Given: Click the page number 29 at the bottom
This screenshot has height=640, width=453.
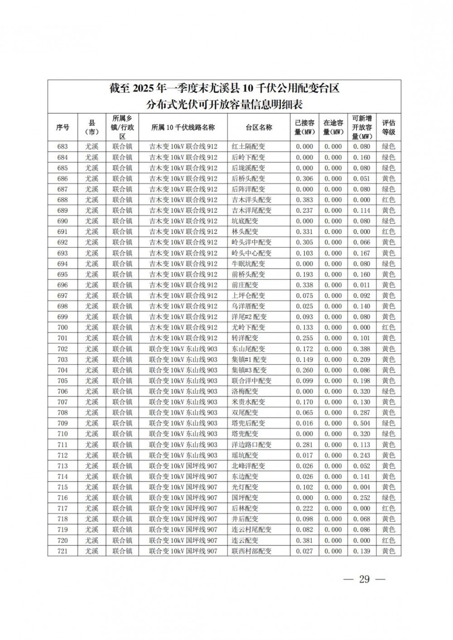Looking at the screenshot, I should (x=364, y=579).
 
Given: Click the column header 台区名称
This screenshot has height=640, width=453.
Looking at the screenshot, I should (x=259, y=128).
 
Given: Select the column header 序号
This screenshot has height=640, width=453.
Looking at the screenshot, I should (x=63, y=128).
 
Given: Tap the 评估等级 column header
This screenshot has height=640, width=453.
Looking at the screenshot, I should (x=388, y=128).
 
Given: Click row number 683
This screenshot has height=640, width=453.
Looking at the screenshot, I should (x=63, y=147).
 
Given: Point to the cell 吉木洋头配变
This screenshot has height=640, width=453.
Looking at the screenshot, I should (x=251, y=200).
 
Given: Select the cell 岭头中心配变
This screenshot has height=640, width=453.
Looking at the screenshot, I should (x=251, y=253).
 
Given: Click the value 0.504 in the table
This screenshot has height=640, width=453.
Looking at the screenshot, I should (x=361, y=423).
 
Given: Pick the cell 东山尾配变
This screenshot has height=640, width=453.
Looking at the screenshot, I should (x=248, y=349).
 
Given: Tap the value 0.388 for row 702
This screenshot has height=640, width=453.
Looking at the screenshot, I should (x=361, y=349).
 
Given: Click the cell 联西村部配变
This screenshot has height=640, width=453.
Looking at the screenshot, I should (x=251, y=551).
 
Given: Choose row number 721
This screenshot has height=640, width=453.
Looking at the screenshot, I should (x=63, y=551).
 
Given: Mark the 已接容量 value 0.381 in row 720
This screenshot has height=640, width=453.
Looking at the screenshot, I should (x=304, y=540).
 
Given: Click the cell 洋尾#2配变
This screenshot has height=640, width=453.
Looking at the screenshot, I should (x=249, y=317).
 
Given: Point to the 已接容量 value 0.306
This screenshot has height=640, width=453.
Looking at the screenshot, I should (x=304, y=179).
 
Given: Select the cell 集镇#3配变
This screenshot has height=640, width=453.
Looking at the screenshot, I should (x=249, y=370).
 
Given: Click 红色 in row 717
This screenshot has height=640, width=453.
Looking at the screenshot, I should (x=388, y=509).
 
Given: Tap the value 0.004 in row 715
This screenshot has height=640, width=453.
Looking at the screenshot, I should (x=361, y=487).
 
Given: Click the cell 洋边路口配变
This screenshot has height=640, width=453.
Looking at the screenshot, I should (x=251, y=445).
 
